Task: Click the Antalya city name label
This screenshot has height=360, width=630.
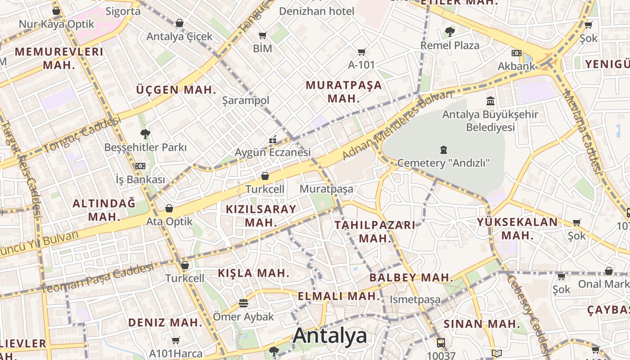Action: pos(330,336)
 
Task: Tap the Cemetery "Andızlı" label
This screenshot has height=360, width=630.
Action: pos(443,163)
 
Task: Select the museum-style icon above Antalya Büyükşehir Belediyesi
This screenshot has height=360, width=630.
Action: pos(490,101)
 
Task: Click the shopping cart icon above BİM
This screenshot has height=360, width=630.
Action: pos(262,35)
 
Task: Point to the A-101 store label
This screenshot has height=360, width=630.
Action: pos(361,65)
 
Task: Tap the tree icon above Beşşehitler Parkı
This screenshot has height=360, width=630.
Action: pos(145,134)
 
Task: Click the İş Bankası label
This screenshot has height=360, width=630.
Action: pos(140,180)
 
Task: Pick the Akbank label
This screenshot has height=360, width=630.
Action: pos(517,66)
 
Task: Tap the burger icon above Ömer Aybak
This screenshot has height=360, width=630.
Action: pos(243,303)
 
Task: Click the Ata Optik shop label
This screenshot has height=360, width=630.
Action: pos(169,221)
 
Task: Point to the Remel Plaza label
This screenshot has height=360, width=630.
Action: pos(450,45)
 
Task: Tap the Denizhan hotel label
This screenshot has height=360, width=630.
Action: pos(317,11)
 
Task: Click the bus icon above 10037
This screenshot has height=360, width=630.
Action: pos(441,342)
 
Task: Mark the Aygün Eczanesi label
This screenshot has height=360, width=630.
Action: pos(273,153)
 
